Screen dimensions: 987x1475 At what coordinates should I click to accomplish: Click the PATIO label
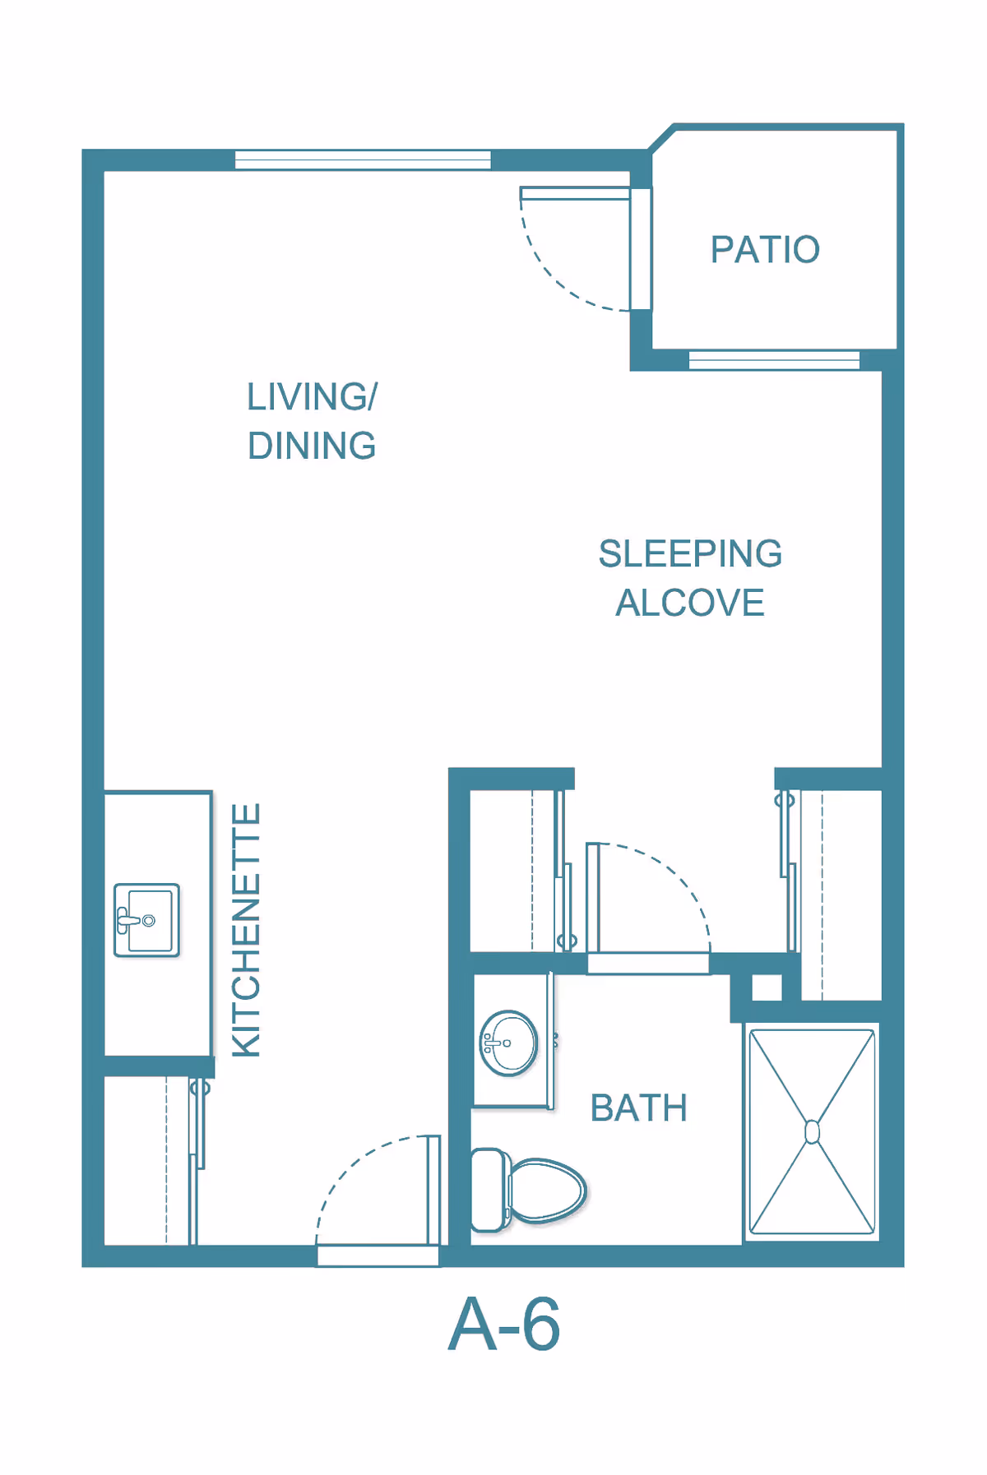tap(765, 250)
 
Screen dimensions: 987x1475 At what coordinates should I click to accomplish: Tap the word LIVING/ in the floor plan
tap(313, 397)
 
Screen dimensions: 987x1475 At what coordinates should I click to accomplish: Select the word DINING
tap(312, 446)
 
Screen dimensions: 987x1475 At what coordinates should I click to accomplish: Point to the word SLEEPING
tap(690, 553)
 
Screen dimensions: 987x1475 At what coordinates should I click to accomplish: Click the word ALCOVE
tap(690, 603)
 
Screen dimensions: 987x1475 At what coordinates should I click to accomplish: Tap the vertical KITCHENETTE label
tap(246, 930)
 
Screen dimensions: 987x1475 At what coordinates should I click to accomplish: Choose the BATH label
tap(638, 1108)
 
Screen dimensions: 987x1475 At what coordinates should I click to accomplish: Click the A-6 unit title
tap(504, 1325)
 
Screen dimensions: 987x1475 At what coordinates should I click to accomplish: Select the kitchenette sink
tap(146, 920)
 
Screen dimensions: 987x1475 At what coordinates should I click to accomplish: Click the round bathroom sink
tap(509, 1043)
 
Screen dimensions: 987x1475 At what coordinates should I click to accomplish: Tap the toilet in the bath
tap(528, 1190)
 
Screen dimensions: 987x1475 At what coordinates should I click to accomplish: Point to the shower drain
tap(812, 1132)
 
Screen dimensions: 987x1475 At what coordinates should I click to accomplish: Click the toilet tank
tap(490, 1190)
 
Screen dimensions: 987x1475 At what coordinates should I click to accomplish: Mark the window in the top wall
tap(363, 160)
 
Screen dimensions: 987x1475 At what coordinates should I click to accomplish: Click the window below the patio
tap(774, 360)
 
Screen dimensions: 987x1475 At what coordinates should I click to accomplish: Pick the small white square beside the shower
tap(767, 987)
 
